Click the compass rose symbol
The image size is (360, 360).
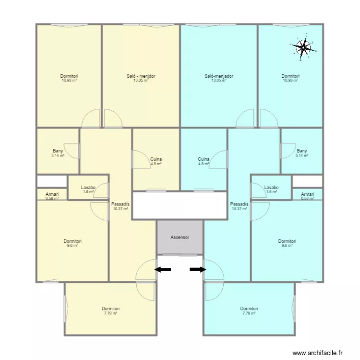303,47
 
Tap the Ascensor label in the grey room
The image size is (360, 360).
180,237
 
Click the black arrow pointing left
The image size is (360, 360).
163,270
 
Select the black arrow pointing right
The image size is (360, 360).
198,270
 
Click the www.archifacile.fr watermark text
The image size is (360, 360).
317,353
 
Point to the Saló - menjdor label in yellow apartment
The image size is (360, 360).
141,76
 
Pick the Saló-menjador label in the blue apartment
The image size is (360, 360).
219,76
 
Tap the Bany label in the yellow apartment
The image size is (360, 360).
58,151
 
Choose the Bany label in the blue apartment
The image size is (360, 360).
302,151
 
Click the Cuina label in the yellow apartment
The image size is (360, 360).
156,159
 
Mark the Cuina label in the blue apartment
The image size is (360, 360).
204,159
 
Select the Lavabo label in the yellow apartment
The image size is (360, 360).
88,187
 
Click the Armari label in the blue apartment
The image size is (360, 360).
308,194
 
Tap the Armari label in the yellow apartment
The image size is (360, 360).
52,194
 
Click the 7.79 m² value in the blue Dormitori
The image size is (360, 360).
249,313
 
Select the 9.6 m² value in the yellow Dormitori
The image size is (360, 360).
72,245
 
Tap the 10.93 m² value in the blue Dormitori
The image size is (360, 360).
290,80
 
